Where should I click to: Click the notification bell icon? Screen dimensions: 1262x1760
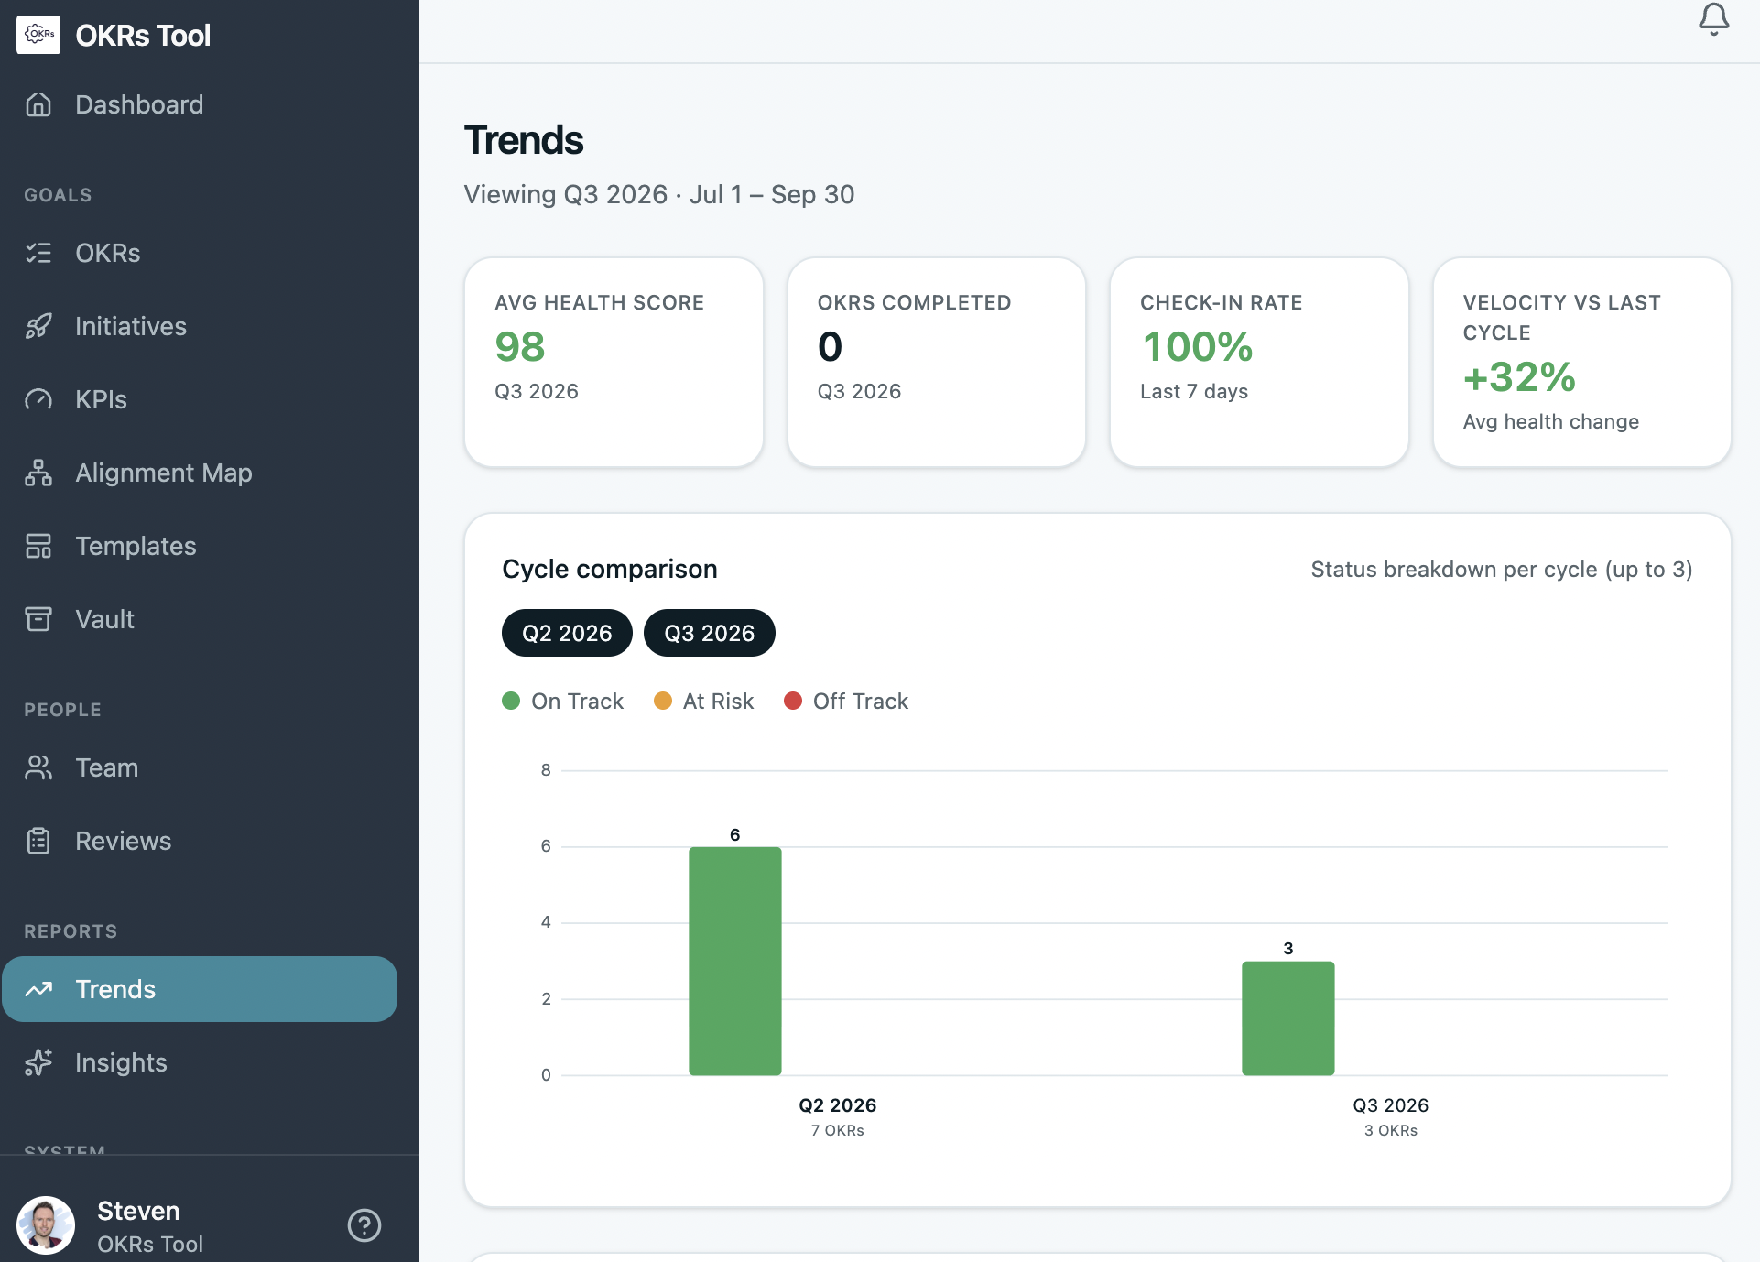point(1713,19)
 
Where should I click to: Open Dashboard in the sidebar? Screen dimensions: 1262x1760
point(139,104)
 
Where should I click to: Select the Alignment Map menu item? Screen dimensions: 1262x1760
point(163,473)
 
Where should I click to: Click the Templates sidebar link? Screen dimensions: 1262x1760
point(136,546)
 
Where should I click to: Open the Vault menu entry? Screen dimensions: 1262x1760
point(104,619)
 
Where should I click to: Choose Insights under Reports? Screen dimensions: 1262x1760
point(121,1062)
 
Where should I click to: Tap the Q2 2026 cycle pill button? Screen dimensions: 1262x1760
point(567,633)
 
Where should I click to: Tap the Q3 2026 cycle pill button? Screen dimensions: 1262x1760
point(709,633)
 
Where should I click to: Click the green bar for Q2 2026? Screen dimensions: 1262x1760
point(734,961)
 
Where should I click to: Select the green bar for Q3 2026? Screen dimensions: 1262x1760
point(1287,1017)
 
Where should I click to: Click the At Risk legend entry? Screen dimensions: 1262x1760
point(704,701)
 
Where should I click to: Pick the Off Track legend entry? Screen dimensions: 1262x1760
point(846,701)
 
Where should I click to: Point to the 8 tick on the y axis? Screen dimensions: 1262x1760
point(546,770)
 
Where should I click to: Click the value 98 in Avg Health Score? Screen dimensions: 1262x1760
point(520,347)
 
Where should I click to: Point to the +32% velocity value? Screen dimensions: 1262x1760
point(1519,377)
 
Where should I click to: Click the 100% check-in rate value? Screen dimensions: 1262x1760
point(1197,347)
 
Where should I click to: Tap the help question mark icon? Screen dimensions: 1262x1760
point(364,1224)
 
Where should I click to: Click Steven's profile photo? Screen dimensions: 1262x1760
point(46,1224)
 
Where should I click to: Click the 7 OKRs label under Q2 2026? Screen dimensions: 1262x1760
point(837,1130)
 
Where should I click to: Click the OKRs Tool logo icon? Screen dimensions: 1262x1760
point(38,35)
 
